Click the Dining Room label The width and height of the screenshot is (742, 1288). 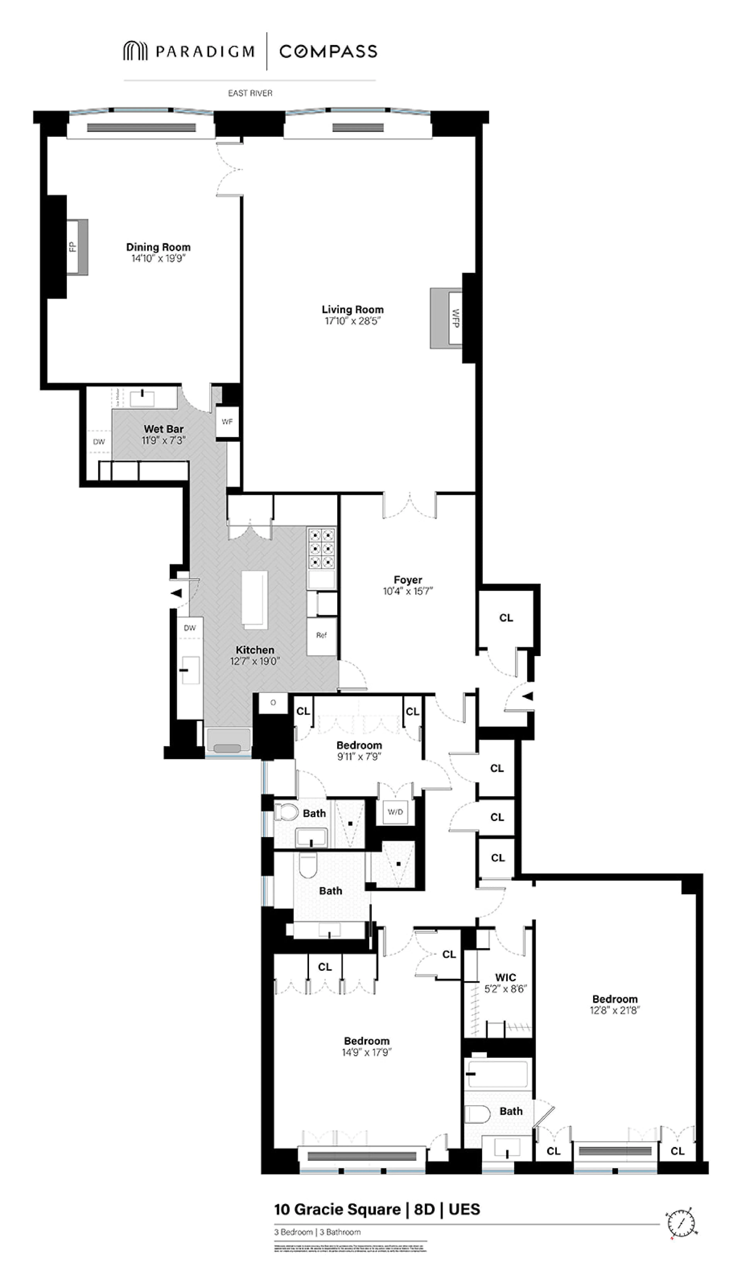(158, 247)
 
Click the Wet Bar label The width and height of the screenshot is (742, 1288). (164, 429)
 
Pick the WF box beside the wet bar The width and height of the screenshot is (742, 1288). (227, 422)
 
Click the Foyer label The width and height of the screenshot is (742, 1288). (408, 580)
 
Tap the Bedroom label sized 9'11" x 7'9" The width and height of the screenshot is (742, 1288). (359, 745)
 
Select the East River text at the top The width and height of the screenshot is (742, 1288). (250, 93)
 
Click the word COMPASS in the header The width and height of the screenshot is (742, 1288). (328, 51)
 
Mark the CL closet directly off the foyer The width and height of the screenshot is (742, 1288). (506, 618)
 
